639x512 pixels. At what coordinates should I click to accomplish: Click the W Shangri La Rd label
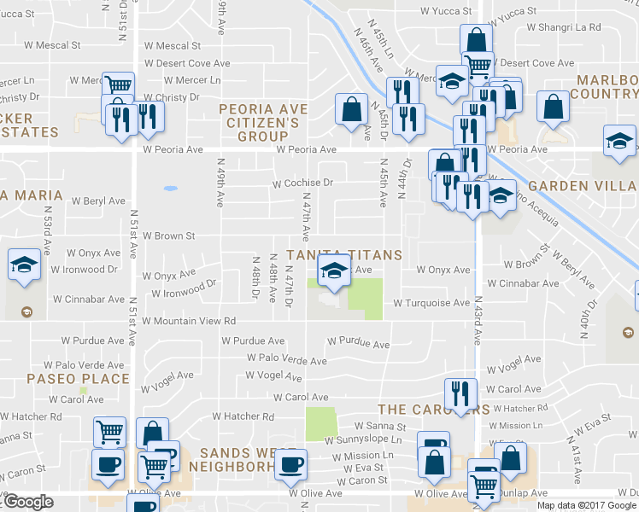(x=564, y=27)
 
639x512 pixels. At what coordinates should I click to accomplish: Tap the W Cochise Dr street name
(x=302, y=183)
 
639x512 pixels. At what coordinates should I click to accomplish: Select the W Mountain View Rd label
(x=189, y=322)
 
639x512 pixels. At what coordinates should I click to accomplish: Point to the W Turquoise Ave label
(x=431, y=303)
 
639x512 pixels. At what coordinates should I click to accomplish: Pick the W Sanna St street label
(x=379, y=426)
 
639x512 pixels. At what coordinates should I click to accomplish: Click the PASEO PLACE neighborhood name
(x=78, y=379)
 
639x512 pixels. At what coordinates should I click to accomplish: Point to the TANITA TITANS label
(x=344, y=255)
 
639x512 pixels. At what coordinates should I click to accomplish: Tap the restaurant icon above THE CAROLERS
(x=461, y=393)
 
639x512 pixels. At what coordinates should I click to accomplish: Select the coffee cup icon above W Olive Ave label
(x=290, y=465)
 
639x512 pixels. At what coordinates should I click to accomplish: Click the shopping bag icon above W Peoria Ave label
(x=351, y=109)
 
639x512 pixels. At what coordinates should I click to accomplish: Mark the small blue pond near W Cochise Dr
(x=170, y=187)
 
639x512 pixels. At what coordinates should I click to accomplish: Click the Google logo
(x=28, y=503)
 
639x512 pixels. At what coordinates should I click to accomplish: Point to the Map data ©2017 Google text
(x=586, y=505)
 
